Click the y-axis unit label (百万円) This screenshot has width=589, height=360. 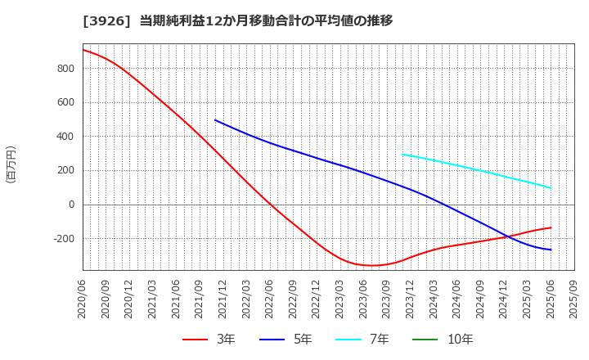click(11, 164)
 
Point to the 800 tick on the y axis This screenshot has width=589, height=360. click(65, 69)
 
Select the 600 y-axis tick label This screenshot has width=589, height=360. click(65, 102)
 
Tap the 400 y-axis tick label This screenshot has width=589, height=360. click(65, 137)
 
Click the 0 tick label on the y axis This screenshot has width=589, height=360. click(72, 205)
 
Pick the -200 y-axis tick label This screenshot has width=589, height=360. click(63, 239)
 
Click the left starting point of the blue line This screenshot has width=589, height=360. click(215, 120)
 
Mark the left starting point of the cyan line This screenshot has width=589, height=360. click(402, 154)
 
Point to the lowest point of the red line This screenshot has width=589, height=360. click(372, 265)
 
